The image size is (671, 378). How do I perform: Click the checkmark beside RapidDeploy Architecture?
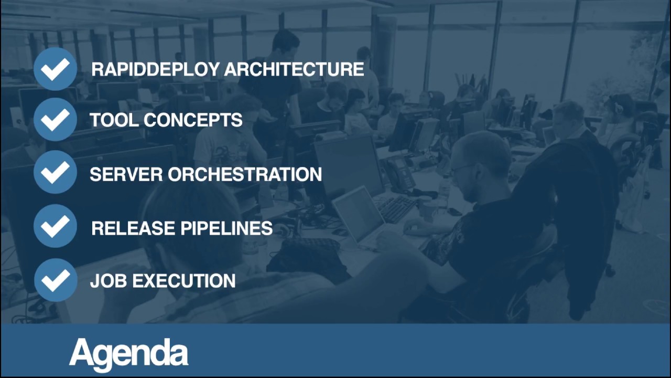(55, 69)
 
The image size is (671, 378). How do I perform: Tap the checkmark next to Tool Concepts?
(55, 120)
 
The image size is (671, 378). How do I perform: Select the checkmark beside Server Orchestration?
(55, 173)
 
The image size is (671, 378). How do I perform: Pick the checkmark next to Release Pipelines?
(55, 226)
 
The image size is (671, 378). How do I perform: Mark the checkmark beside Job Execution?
(55, 280)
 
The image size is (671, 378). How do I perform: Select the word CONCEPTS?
(193, 120)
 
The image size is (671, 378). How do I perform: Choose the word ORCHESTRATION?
(245, 174)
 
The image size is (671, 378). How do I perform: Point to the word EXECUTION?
(183, 281)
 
